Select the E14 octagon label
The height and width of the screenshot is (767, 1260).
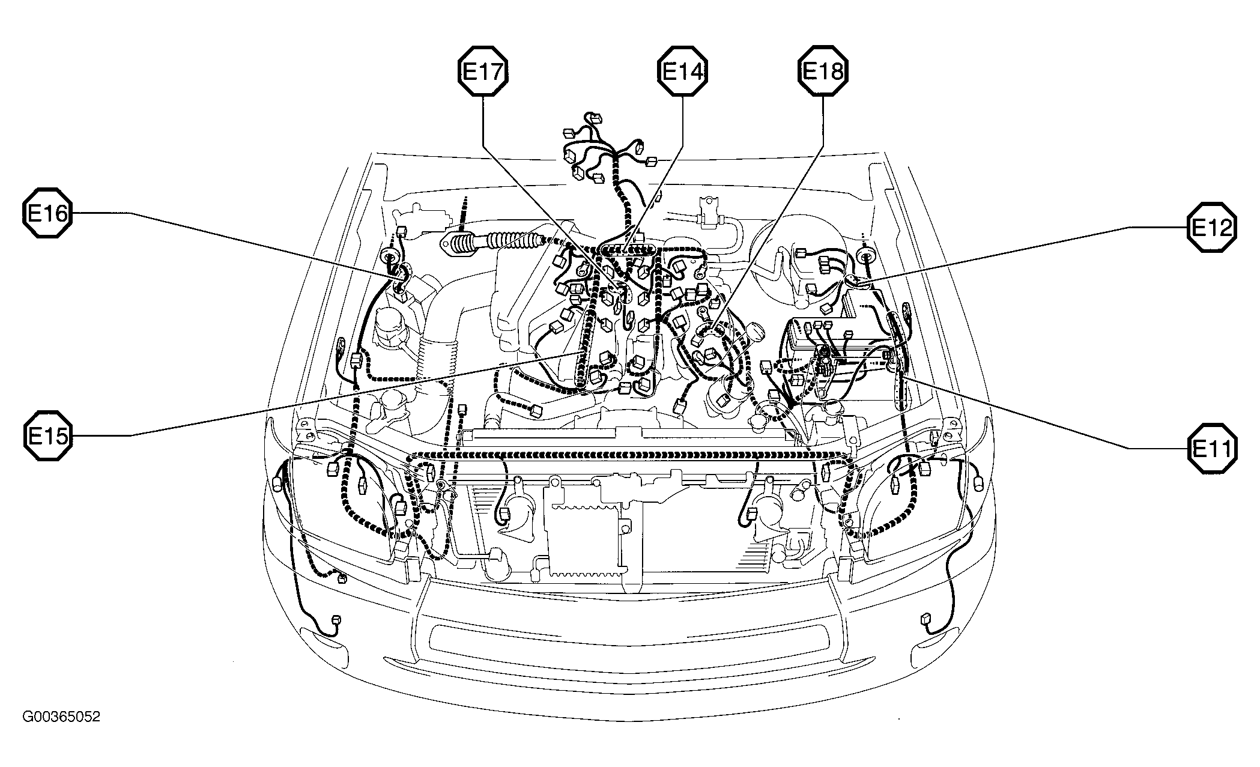click(x=683, y=72)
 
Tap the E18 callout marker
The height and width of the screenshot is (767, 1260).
click(x=823, y=72)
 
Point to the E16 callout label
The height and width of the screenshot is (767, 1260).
click(x=47, y=213)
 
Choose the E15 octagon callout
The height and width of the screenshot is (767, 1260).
click(x=47, y=435)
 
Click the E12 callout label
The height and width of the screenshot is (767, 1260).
click(x=1211, y=227)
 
